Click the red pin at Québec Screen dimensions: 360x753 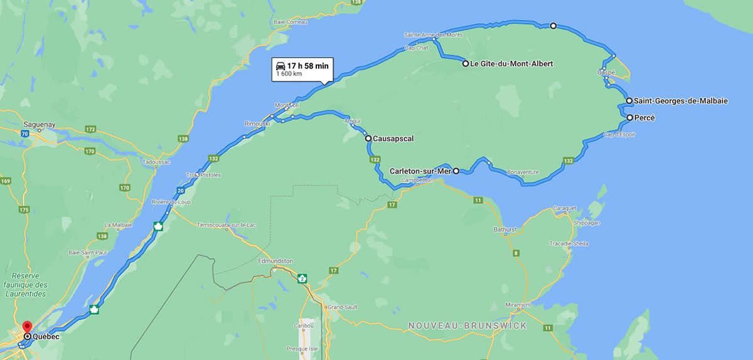[27, 327]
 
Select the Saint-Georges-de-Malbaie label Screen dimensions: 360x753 [681, 100]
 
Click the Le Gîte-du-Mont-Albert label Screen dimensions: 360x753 [511, 63]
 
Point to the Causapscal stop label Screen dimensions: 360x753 [393, 138]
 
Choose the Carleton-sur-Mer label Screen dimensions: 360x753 [420, 171]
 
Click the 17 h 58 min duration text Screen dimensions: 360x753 [307, 65]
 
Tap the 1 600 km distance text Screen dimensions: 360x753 [289, 75]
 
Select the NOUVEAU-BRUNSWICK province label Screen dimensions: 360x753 [467, 326]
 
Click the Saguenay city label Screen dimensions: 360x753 [40, 124]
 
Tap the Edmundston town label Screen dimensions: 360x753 [275, 260]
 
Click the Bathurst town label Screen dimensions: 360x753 [505, 230]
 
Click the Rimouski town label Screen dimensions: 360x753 [256, 124]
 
